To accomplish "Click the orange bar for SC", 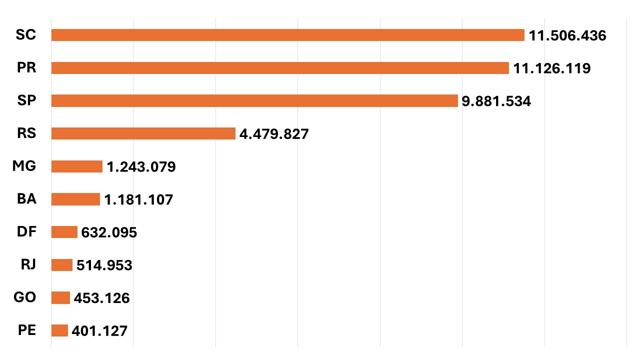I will pyautogui.click(x=287, y=35).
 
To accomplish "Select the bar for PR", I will pyautogui.click(x=280, y=68).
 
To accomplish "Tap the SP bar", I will pyautogui.click(x=254, y=101).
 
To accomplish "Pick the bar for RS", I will pyautogui.click(x=143, y=133).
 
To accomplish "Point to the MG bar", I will pyautogui.click(x=76, y=166).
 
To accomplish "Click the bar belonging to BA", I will pyautogui.click(x=75, y=199).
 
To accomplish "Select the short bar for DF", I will pyautogui.click(x=64, y=232).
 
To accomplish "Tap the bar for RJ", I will pyautogui.click(x=61, y=265).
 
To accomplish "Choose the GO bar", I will pyautogui.click(x=60, y=298).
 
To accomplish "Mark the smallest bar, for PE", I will pyautogui.click(x=59, y=330).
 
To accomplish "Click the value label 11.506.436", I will pyautogui.click(x=567, y=35).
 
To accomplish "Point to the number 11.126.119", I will pyautogui.click(x=552, y=68).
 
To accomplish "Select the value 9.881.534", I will pyautogui.click(x=496, y=101).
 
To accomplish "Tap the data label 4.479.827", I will pyautogui.click(x=274, y=134).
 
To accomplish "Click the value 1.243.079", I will pyautogui.click(x=141, y=167).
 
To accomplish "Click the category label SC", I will pyautogui.click(x=26, y=35).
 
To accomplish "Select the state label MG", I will pyautogui.click(x=24, y=166).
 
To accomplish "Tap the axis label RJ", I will pyautogui.click(x=27, y=264).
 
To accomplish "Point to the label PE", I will pyautogui.click(x=26, y=330).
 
